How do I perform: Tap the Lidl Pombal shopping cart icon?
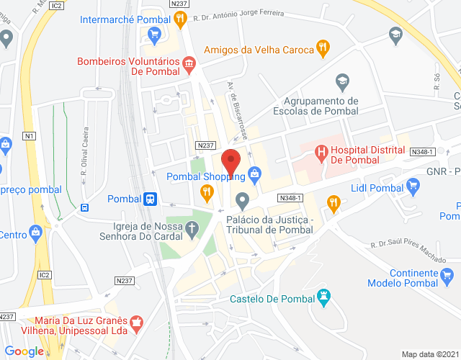tap(413, 188)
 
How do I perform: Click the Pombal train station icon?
tap(150, 199)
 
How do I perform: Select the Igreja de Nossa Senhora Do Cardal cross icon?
tap(192, 230)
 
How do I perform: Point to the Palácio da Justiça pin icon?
tap(242, 199)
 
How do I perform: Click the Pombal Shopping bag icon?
tap(254, 174)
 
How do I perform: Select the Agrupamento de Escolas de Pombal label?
tap(316, 106)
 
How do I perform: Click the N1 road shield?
tap(30, 135)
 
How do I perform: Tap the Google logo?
tap(24, 351)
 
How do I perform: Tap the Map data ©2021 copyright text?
tap(430, 354)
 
